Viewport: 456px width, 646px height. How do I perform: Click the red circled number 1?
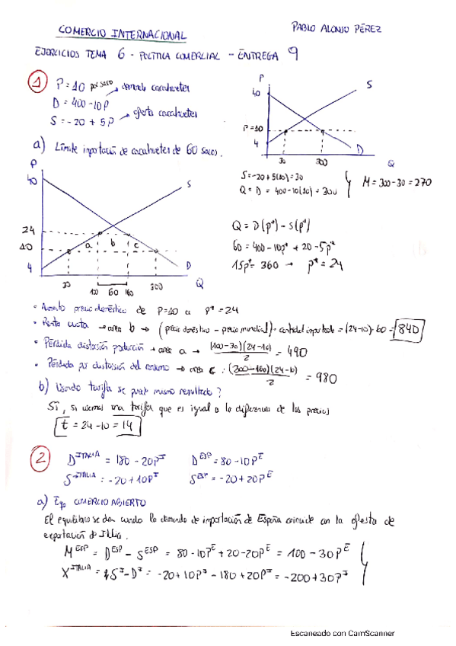pyautogui.click(x=36, y=81)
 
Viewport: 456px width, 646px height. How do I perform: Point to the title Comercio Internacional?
pyautogui.click(x=121, y=34)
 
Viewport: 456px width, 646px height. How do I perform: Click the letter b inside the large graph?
pyautogui.click(x=113, y=244)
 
